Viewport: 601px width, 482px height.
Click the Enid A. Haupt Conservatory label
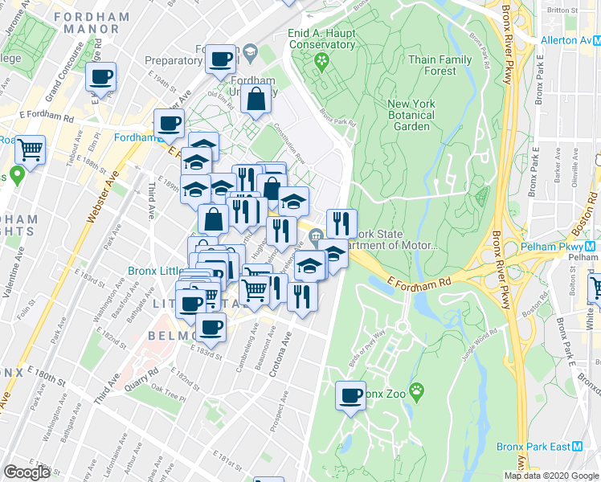pos(321,39)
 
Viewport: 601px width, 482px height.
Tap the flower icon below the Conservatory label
pos(322,61)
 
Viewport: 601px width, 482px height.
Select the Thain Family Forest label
pos(440,65)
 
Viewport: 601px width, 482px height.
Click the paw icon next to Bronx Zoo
pos(416,391)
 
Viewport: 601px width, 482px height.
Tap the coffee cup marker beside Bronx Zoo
pos(350,396)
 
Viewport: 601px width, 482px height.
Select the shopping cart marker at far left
pos(30,149)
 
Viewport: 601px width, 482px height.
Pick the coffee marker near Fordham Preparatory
pos(220,58)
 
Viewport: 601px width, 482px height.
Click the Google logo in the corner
pos(27,472)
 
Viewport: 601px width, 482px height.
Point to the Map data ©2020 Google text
pos(550,476)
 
